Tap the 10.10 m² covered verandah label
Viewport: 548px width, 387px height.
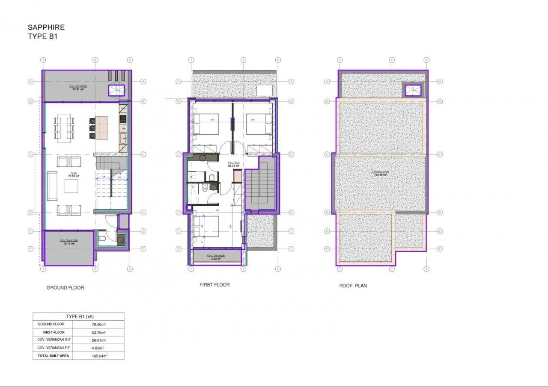pyautogui.click(x=68, y=242)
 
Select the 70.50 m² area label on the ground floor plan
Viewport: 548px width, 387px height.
pyautogui.click(x=74, y=174)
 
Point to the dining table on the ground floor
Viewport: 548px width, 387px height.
pyautogui.click(x=63, y=127)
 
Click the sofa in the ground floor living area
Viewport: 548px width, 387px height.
pyautogui.click(x=52, y=186)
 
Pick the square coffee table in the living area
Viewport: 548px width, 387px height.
pyautogui.click(x=71, y=186)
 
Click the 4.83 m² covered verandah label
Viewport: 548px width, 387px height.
pyautogui.click(x=216, y=257)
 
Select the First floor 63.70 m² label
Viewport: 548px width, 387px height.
pyautogui.click(x=233, y=165)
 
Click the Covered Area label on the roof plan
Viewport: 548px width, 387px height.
pyautogui.click(x=380, y=174)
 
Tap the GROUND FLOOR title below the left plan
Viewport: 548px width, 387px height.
pyautogui.click(x=65, y=288)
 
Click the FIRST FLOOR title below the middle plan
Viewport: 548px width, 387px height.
pyautogui.click(x=214, y=285)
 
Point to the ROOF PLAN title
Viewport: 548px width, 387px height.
pyautogui.click(x=353, y=286)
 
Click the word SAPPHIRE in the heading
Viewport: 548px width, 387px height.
pyautogui.click(x=46, y=27)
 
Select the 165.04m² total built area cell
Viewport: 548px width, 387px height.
pyautogui.click(x=99, y=356)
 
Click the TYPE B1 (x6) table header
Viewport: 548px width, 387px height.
pyautogui.click(x=79, y=316)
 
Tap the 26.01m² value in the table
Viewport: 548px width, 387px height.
pyautogui.click(x=99, y=340)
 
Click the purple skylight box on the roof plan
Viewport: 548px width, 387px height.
pyautogui.click(x=413, y=90)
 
